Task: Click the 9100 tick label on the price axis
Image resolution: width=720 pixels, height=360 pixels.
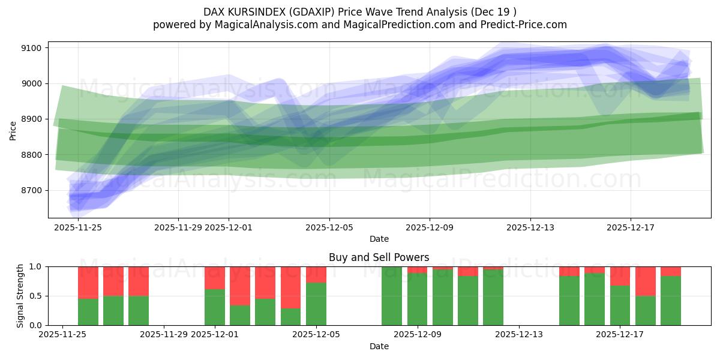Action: tap(31, 48)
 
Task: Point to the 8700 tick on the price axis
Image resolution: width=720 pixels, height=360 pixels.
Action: tap(31, 191)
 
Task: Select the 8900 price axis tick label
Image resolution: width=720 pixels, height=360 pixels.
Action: tap(31, 119)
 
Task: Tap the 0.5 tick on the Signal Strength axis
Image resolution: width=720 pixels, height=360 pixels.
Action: tap(35, 296)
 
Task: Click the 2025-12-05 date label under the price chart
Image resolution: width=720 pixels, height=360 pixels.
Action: tap(329, 227)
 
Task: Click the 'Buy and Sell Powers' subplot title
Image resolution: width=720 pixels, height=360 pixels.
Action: tap(379, 257)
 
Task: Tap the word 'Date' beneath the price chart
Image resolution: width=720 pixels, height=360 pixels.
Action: tap(379, 239)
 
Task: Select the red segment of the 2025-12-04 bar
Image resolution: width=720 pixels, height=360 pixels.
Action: tap(290, 287)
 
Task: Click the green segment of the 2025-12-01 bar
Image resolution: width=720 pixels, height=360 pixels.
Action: tap(214, 307)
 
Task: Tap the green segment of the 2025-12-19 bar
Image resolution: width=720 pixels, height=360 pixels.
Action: tap(671, 301)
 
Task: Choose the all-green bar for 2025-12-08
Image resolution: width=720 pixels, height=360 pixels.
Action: tap(392, 296)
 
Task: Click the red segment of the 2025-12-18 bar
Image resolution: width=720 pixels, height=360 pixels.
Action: tap(646, 281)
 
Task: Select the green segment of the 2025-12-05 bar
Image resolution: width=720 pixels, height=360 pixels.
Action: tap(316, 304)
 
